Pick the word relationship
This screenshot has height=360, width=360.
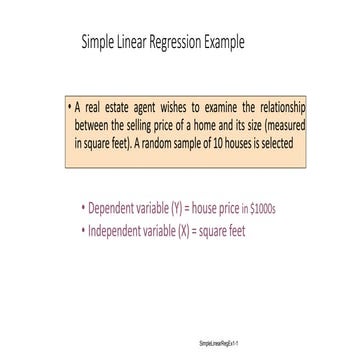click(277, 107)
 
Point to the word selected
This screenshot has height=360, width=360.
click(285, 143)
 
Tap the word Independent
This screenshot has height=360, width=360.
click(120, 230)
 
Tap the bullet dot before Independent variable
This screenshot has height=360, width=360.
click(81, 231)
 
